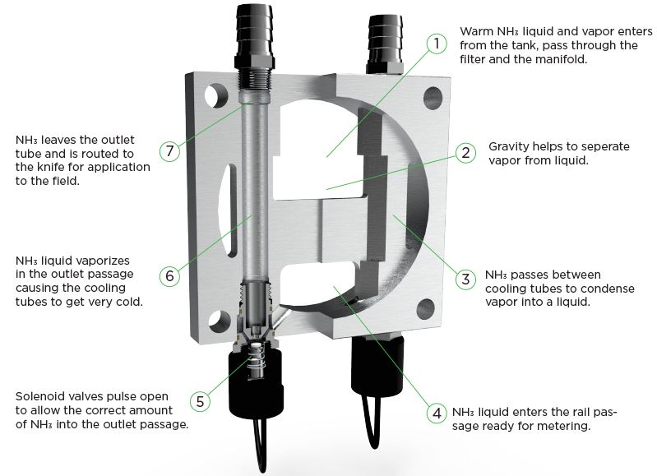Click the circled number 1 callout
coord(437,44)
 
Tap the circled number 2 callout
coord(465,153)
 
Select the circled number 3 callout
coord(465,279)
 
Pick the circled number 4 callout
coord(437,414)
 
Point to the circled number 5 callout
coord(201,401)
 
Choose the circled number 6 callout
coord(169,275)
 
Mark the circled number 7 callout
coord(169,150)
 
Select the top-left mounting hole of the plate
coord(216,96)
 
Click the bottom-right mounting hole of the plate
coord(425,309)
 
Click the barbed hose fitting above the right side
coord(385,45)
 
